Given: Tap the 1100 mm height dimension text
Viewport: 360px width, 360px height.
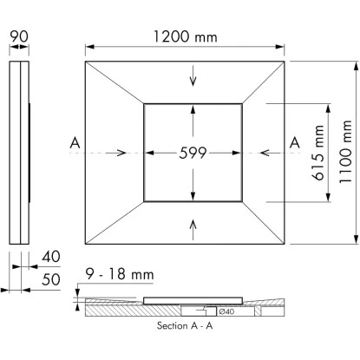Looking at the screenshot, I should tap(346, 154).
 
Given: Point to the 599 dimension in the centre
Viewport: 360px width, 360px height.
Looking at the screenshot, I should tap(193, 153).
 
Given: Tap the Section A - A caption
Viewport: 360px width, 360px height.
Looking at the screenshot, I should tap(187, 327).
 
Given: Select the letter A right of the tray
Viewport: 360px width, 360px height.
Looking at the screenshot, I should tap(294, 141).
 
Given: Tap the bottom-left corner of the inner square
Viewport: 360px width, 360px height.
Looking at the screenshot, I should tap(144, 202).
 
